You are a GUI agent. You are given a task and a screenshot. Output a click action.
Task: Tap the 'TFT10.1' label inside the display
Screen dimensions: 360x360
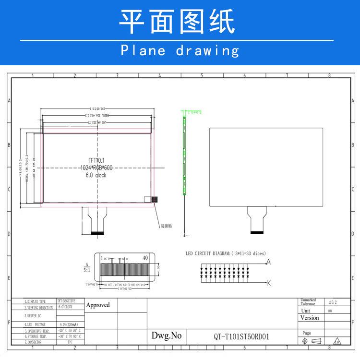click(x=97, y=160)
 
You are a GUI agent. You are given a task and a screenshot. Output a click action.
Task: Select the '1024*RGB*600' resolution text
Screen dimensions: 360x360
click(x=97, y=168)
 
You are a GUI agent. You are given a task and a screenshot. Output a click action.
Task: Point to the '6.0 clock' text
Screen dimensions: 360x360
click(x=96, y=175)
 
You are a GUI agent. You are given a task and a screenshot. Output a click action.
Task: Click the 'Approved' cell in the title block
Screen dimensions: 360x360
click(x=98, y=305)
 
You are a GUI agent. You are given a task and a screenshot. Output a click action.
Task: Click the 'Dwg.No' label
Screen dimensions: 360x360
click(x=167, y=336)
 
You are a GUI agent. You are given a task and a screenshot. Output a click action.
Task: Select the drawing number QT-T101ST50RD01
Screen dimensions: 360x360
click(x=241, y=336)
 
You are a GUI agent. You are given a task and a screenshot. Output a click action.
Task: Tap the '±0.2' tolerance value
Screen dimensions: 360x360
click(x=333, y=302)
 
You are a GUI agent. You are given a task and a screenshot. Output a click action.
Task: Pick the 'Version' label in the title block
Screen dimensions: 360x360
click(x=309, y=318)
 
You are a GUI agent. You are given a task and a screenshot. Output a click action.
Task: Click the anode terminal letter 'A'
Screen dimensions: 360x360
click(x=268, y=262)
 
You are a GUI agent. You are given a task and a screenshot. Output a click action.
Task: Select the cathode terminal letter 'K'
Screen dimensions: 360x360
click(x=268, y=282)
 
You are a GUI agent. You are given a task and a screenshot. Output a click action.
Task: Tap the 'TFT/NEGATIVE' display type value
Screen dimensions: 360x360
click(x=66, y=301)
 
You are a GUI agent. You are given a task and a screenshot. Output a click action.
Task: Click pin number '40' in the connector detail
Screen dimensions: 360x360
click(x=145, y=258)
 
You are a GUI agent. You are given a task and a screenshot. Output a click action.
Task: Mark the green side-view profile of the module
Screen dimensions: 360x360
click(x=183, y=154)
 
